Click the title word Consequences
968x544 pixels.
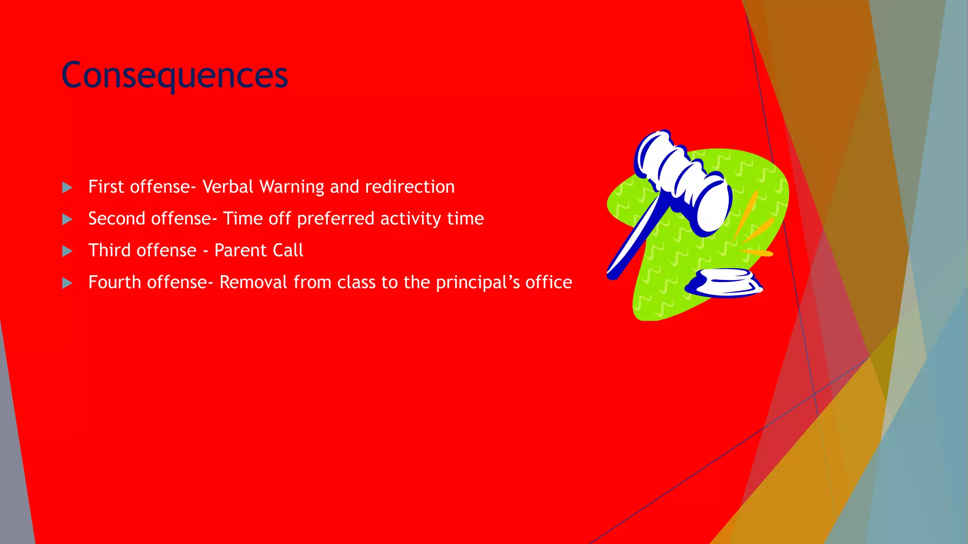click(174, 76)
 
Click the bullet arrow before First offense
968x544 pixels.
click(67, 187)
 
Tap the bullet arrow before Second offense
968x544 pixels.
click(67, 219)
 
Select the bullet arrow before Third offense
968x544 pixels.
click(67, 251)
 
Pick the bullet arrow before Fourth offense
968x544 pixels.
click(67, 283)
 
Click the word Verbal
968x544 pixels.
click(228, 187)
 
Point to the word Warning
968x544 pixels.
click(292, 187)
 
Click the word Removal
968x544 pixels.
click(253, 282)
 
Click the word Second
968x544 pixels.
click(117, 219)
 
